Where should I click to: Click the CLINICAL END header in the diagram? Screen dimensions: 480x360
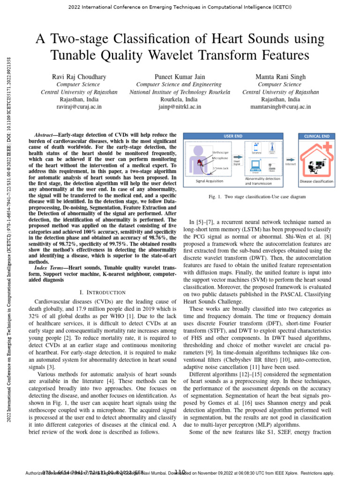[317, 136]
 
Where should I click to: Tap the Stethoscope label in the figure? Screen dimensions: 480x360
[221, 152]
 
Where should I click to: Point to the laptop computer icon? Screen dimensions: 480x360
[255, 165]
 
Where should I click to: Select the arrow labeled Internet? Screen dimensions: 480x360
[290, 159]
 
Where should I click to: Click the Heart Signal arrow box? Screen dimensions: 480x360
[237, 162]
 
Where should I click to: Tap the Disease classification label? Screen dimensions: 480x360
[316, 181]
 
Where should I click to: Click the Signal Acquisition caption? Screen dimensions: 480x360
[210, 181]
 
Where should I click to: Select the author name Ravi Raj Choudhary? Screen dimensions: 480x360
[79, 76]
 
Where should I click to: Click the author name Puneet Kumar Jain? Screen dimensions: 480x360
[180, 76]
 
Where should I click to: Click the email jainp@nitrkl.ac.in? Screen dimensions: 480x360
[180, 107]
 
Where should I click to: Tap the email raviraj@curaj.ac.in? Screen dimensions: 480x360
[79, 107]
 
